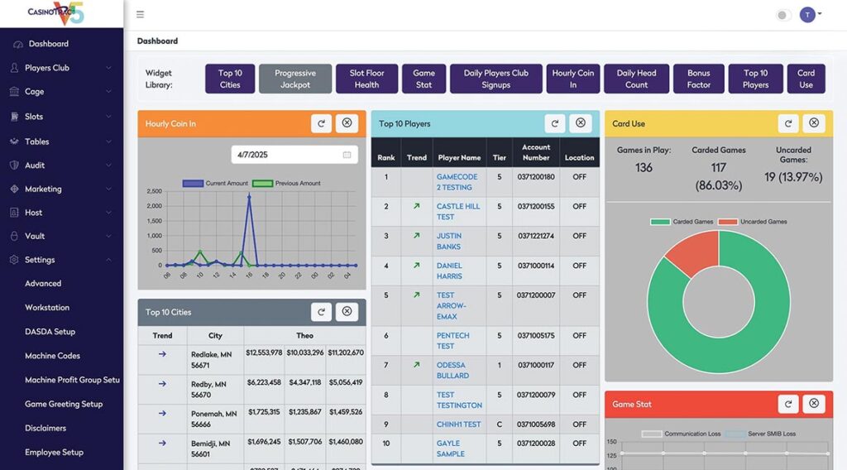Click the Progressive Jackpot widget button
[x=295, y=79]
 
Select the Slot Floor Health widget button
[x=366, y=79]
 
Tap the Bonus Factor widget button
[x=698, y=79]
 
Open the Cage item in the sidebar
[x=35, y=92]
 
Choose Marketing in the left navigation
[x=43, y=189]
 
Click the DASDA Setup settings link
[x=50, y=332]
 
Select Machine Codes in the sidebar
[x=52, y=356]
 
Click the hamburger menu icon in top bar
[x=140, y=14]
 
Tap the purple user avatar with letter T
[x=807, y=15]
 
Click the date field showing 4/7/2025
[x=293, y=155]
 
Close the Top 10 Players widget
[x=581, y=123]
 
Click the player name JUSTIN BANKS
[x=449, y=241]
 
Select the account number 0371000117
[x=536, y=365]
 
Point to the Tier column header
[x=499, y=157]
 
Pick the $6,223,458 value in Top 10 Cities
[x=263, y=383]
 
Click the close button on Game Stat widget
[x=814, y=404]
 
